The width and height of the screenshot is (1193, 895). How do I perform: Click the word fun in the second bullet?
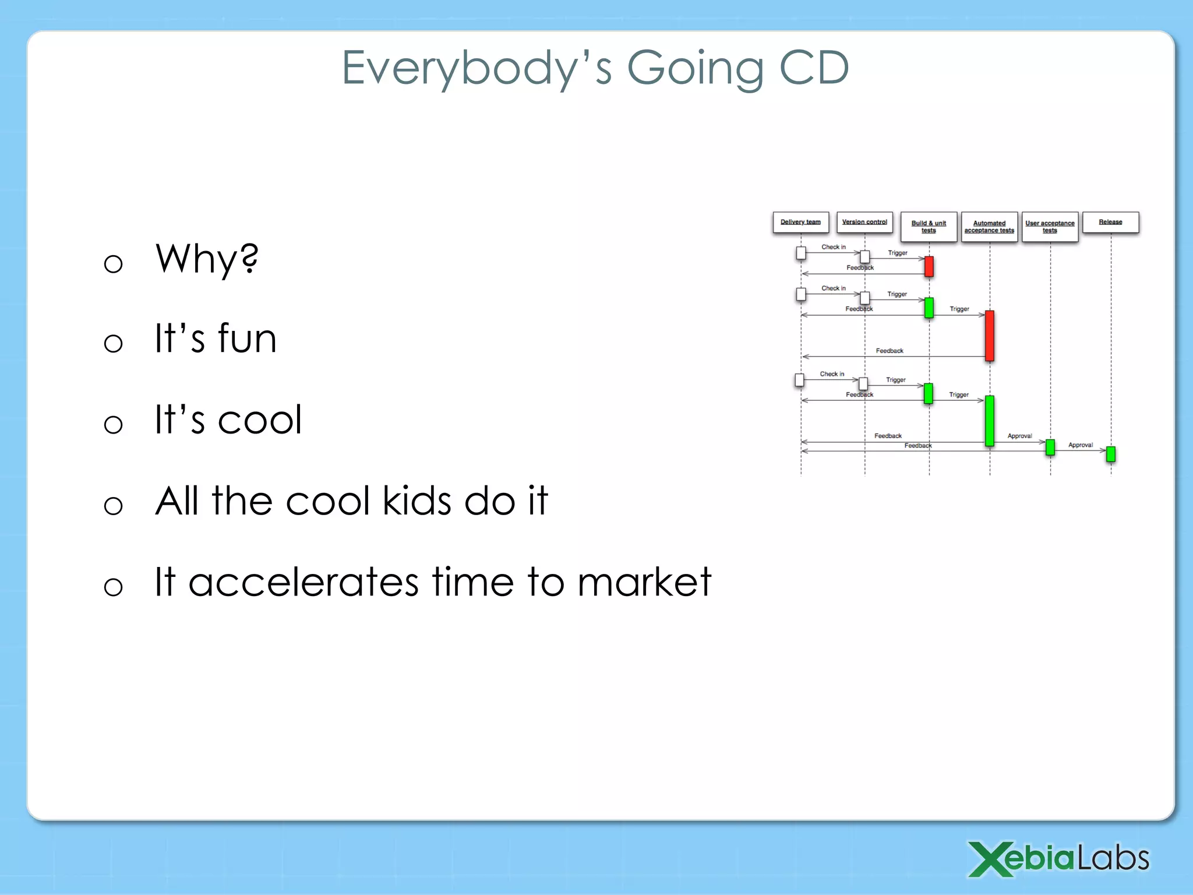point(247,339)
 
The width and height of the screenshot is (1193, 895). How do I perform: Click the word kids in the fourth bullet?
point(417,501)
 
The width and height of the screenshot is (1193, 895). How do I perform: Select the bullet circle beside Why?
point(113,264)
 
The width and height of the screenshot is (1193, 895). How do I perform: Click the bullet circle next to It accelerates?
point(113,586)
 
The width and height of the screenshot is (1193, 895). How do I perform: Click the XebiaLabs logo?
point(1058,859)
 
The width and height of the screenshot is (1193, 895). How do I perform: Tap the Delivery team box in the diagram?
point(800,223)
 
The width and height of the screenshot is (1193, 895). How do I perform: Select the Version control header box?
point(864,223)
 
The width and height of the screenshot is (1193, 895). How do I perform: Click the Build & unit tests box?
point(929,227)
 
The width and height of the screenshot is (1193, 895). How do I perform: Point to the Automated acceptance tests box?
point(989,227)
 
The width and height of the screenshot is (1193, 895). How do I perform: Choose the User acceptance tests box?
point(1050,227)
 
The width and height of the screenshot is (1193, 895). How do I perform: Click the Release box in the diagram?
point(1110,223)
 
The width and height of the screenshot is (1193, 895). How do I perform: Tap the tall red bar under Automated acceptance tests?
point(989,336)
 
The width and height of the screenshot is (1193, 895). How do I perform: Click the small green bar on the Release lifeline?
point(1110,454)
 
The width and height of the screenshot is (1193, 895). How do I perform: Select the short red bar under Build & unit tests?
point(929,266)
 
